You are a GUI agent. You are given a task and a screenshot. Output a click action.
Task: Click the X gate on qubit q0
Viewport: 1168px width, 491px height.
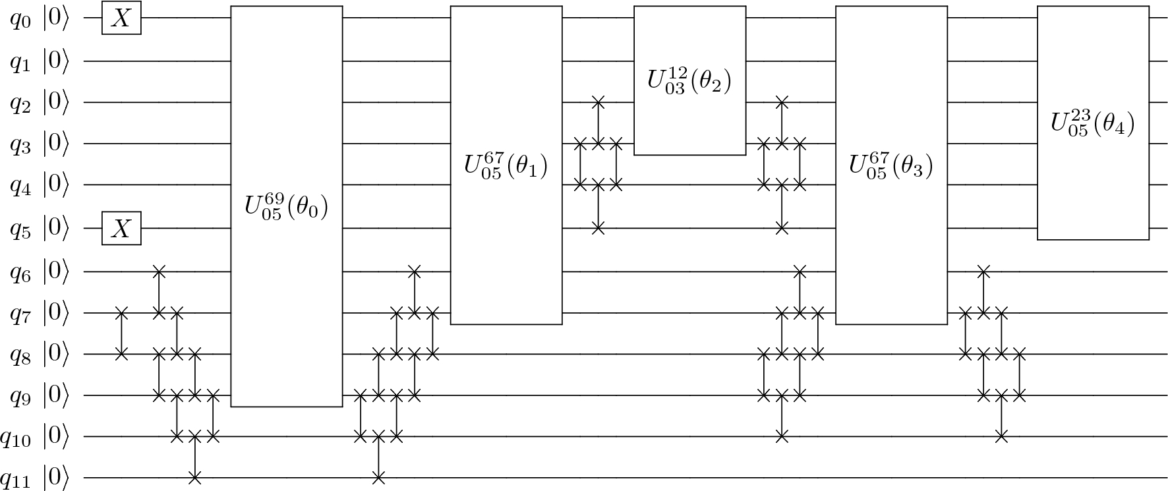pos(121,18)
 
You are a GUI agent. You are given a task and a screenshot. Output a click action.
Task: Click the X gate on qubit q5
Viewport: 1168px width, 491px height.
pos(121,228)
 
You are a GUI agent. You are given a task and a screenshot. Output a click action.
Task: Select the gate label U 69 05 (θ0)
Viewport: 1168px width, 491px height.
pos(286,206)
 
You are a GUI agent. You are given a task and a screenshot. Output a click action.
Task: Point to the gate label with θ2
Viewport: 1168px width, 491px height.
pos(689,81)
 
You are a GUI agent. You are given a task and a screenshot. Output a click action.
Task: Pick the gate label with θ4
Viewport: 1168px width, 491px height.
pos(1093,123)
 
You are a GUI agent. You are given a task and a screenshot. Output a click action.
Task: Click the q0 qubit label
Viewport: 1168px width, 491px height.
pos(20,20)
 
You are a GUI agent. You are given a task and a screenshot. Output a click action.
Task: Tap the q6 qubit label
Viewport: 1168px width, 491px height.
pos(20,272)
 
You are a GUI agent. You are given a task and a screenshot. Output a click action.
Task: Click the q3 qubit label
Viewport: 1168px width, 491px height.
pos(20,145)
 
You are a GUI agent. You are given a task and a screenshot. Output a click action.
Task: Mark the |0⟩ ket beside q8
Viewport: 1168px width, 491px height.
pos(56,355)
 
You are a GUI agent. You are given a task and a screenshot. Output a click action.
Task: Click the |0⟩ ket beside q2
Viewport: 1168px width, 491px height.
pos(56,102)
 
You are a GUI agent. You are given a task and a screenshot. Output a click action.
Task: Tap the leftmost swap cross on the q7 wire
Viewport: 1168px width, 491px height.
pos(121,312)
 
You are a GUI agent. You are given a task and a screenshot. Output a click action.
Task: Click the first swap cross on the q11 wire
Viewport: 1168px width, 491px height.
pos(194,477)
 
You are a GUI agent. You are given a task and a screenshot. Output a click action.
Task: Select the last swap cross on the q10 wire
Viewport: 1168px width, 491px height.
pos(1001,436)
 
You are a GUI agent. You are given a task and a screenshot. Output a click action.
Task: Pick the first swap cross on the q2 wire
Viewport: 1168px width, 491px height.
pos(598,102)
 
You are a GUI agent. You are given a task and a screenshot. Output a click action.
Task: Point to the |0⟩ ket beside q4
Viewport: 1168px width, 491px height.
pos(56,185)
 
